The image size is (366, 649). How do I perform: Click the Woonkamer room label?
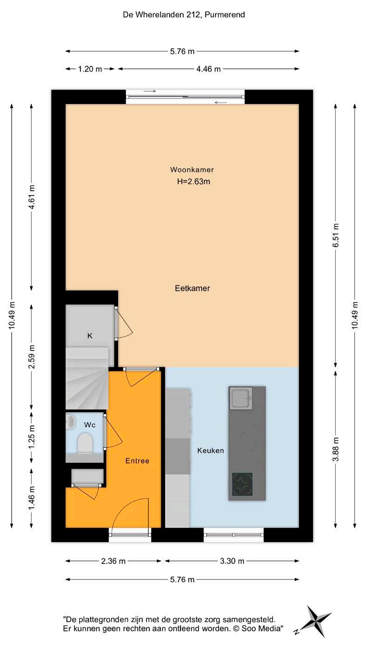pyautogui.click(x=192, y=170)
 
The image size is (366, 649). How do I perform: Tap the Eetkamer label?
pyautogui.click(x=192, y=288)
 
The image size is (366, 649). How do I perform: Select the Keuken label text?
pyautogui.click(x=210, y=450)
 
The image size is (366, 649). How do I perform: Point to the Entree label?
pyautogui.click(x=137, y=461)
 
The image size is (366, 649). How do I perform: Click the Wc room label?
pyautogui.click(x=90, y=425)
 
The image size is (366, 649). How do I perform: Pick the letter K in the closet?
pyautogui.click(x=90, y=336)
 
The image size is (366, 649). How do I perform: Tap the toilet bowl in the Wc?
pyautogui.click(x=85, y=443)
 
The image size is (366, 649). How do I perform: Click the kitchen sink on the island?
pyautogui.click(x=241, y=398)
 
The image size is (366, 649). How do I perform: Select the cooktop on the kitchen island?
pyautogui.click(x=242, y=484)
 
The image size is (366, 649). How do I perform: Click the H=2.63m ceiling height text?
pyautogui.click(x=193, y=182)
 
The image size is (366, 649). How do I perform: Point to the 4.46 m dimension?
pyautogui.click(x=208, y=69)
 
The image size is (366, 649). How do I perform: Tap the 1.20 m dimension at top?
pyautogui.click(x=90, y=69)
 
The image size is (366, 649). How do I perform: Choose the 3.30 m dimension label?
pyautogui.click(x=232, y=561)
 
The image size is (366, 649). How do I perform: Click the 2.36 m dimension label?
pyautogui.click(x=113, y=561)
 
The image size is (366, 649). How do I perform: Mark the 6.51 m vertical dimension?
pyautogui.click(x=336, y=235)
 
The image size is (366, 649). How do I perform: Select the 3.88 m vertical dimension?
pyautogui.click(x=336, y=449)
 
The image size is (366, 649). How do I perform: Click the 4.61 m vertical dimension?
pyautogui.click(x=32, y=197)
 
